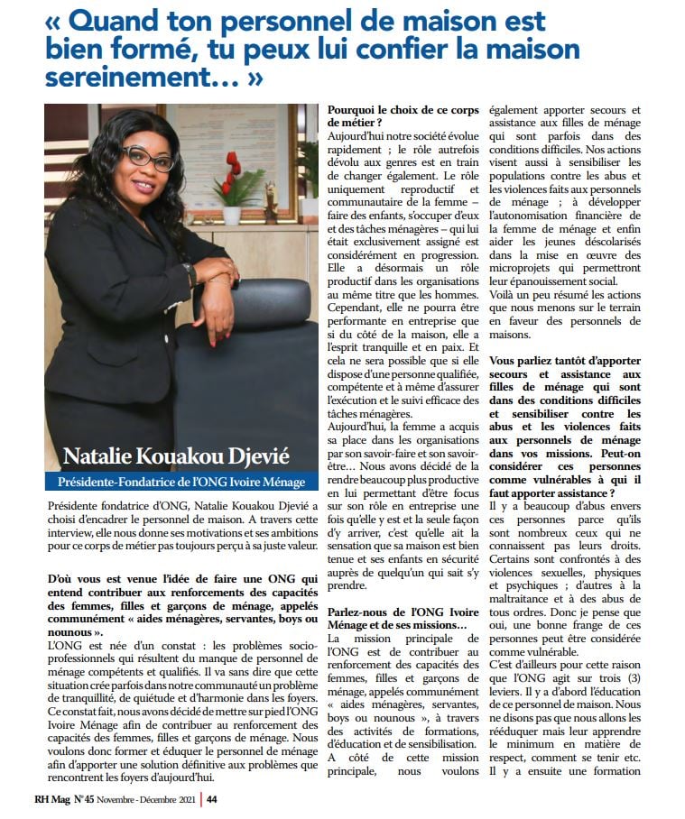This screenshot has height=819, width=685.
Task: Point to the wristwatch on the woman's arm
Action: [190, 273]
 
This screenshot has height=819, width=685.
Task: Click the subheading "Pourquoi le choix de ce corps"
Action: [404, 108]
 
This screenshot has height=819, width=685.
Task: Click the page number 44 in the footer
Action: [211, 798]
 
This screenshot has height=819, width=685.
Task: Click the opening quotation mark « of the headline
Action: [53, 20]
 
